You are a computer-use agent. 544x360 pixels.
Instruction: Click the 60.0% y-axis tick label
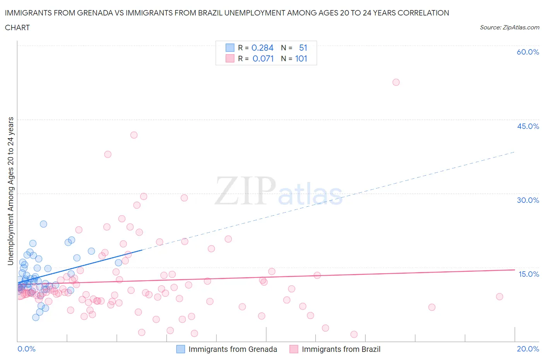click(x=528, y=52)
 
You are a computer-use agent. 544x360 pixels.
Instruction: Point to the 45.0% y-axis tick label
click(x=528, y=126)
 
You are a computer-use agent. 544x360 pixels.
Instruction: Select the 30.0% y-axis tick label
click(x=528, y=200)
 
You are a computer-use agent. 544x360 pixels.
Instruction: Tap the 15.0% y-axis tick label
click(x=529, y=274)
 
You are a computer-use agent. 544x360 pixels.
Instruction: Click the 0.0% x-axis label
click(x=26, y=349)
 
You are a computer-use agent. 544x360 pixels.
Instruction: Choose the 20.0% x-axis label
click(x=528, y=349)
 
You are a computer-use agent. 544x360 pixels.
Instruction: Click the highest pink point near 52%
click(x=396, y=82)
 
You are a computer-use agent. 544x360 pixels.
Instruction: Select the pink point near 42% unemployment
click(x=134, y=135)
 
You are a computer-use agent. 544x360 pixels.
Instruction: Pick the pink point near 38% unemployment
click(x=108, y=154)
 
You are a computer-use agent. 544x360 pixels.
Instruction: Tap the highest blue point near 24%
click(x=43, y=224)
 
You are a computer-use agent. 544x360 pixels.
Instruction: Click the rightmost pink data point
click(x=500, y=297)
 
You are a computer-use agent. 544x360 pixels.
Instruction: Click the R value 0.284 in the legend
click(x=262, y=48)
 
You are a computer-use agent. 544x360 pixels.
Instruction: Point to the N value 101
click(x=301, y=58)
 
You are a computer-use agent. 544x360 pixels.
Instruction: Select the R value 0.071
click(x=263, y=58)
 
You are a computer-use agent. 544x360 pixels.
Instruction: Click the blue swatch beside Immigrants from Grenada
click(x=181, y=349)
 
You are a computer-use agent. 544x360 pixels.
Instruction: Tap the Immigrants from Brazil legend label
click(x=341, y=349)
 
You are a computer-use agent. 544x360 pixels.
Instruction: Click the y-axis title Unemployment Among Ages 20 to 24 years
click(x=10, y=191)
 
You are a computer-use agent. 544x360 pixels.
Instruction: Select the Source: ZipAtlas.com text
click(x=509, y=27)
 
